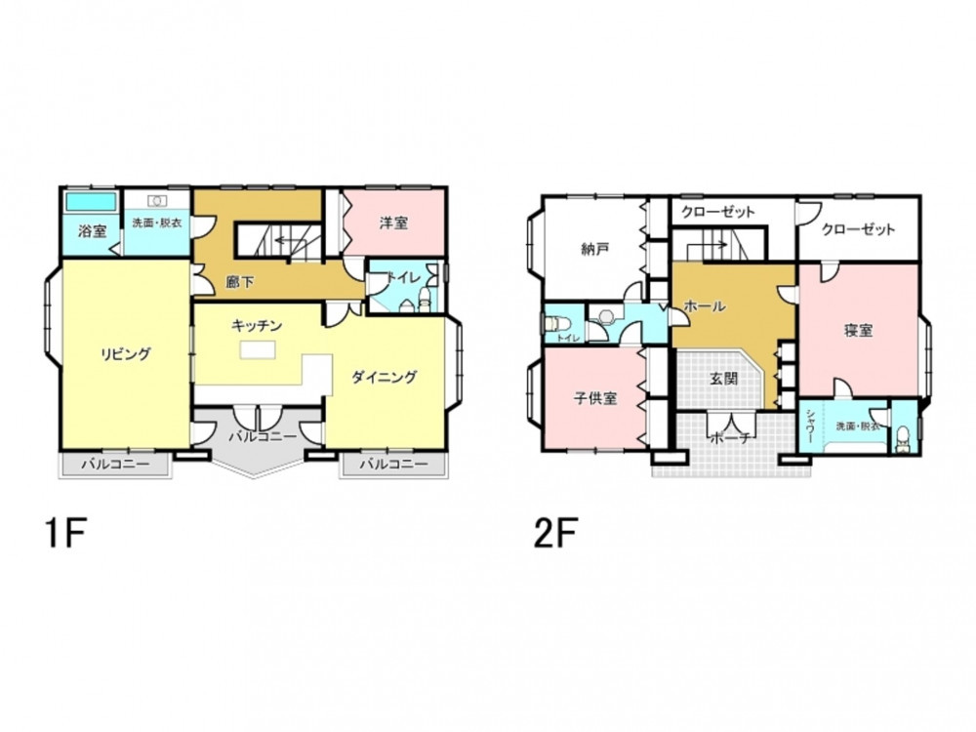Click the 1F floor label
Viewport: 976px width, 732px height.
(x=64, y=534)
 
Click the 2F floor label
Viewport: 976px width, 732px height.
(x=556, y=534)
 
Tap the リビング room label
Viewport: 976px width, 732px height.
(x=126, y=354)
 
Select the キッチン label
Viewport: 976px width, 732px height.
(x=257, y=326)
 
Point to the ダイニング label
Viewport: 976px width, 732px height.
(x=384, y=377)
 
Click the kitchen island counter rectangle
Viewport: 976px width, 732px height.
(x=258, y=350)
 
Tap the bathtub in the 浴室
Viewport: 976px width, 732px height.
(x=91, y=202)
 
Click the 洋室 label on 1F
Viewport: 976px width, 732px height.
(x=393, y=223)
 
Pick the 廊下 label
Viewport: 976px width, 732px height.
(x=240, y=282)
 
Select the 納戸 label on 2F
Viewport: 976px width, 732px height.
(x=594, y=249)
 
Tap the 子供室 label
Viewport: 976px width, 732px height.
(x=595, y=398)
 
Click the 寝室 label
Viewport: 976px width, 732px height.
(x=858, y=331)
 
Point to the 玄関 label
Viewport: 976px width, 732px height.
(x=723, y=378)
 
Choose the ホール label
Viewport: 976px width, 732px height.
(x=705, y=306)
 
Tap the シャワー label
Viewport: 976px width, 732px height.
(x=810, y=427)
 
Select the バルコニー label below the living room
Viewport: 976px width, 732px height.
(x=116, y=465)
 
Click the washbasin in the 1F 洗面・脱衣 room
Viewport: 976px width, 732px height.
(x=157, y=200)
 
